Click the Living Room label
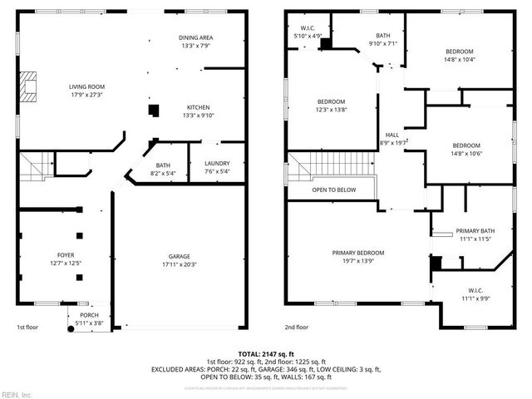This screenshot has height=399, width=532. [86, 86]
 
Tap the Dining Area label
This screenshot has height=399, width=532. [196, 38]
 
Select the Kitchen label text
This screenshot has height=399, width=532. [197, 107]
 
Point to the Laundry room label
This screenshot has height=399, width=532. [216, 165]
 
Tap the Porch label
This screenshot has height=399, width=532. [89, 316]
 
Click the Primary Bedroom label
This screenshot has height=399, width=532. [358, 253]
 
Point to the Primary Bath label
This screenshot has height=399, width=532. [475, 231]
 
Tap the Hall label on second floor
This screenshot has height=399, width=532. [392, 135]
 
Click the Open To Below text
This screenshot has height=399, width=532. [334, 190]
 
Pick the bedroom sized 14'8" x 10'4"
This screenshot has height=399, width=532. [458, 52]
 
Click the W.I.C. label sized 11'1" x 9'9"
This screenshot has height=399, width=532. [475, 291]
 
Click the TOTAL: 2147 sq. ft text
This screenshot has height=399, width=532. [265, 354]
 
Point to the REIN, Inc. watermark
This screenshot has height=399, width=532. [17, 393]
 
